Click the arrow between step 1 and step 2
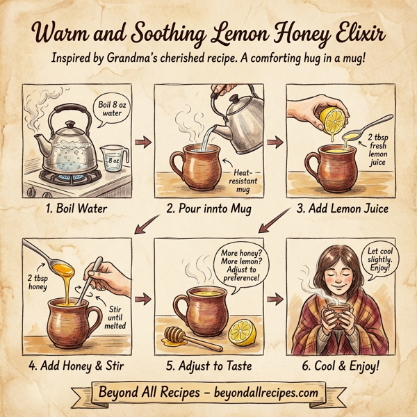143,143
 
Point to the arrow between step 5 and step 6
275,297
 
